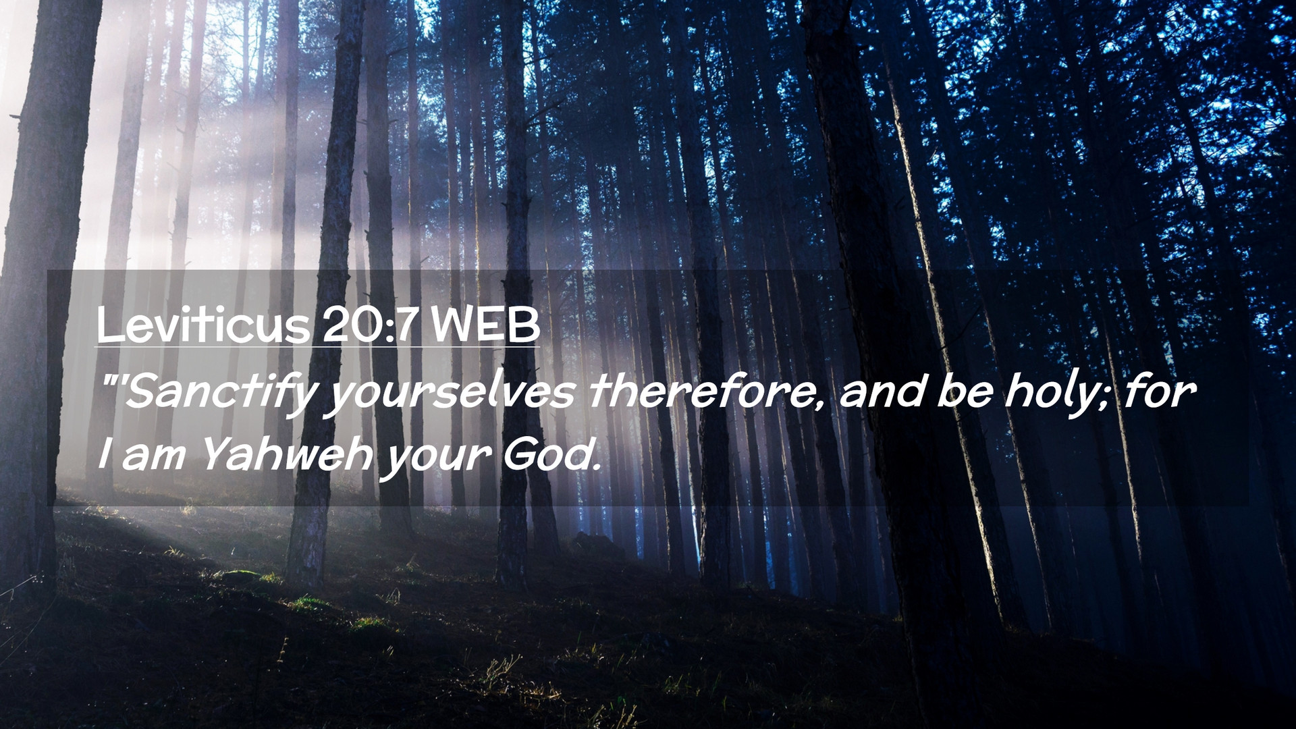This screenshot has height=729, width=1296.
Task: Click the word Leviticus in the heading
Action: [203, 325]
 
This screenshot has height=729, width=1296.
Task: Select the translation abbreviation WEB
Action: [485, 325]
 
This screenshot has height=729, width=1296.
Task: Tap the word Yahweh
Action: [288, 454]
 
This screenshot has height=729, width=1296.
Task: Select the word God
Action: [546, 454]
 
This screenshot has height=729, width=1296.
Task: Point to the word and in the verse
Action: [882, 391]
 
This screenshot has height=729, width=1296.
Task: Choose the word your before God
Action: [436, 459]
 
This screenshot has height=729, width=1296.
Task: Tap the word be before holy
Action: [965, 391]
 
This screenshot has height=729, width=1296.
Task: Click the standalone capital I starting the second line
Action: [104, 454]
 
